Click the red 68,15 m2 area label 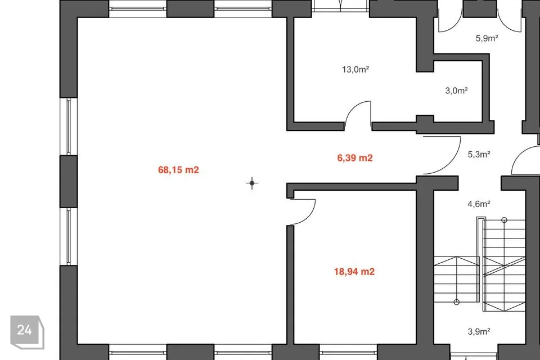(x=178, y=170)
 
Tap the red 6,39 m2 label (x=355, y=157)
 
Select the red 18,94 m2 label (x=354, y=272)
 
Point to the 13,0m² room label (x=355, y=69)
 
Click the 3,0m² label (x=456, y=91)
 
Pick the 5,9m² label (x=487, y=38)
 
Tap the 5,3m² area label (x=479, y=154)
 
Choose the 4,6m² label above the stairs (x=479, y=204)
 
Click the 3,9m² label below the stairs (x=479, y=331)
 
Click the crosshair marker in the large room (x=252, y=183)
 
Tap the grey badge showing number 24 (x=27, y=332)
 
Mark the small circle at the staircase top (x=504, y=220)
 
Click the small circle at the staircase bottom (x=457, y=302)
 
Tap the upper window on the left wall (x=69, y=127)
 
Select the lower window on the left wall (x=69, y=236)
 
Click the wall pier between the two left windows (x=69, y=182)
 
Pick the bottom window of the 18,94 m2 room (x=348, y=352)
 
